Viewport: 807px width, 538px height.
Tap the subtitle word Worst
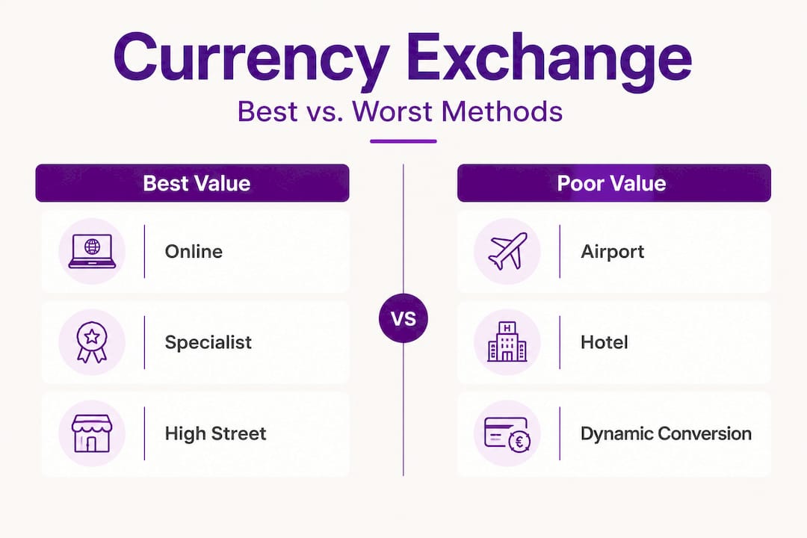[x=394, y=111]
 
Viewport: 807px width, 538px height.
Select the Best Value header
[x=192, y=184]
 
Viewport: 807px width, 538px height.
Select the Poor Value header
[x=613, y=184]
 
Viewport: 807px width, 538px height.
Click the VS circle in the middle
[x=403, y=318]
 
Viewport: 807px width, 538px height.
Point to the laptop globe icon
[x=92, y=251]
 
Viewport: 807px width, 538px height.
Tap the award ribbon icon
[x=92, y=343]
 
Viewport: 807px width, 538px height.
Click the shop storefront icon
[x=92, y=434]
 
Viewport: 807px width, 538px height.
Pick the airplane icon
[x=507, y=251]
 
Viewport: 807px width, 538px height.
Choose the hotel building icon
[x=507, y=343]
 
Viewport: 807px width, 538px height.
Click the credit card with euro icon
[x=507, y=434]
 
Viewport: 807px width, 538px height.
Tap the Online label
[x=194, y=251]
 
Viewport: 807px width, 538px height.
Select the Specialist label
[x=208, y=343]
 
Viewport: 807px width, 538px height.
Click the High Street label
[x=215, y=433]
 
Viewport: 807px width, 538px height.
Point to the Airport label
[x=612, y=251]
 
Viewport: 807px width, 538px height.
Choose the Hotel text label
[x=604, y=343]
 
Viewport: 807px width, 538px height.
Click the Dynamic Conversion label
[x=666, y=433]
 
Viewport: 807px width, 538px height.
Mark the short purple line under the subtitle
[x=403, y=141]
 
